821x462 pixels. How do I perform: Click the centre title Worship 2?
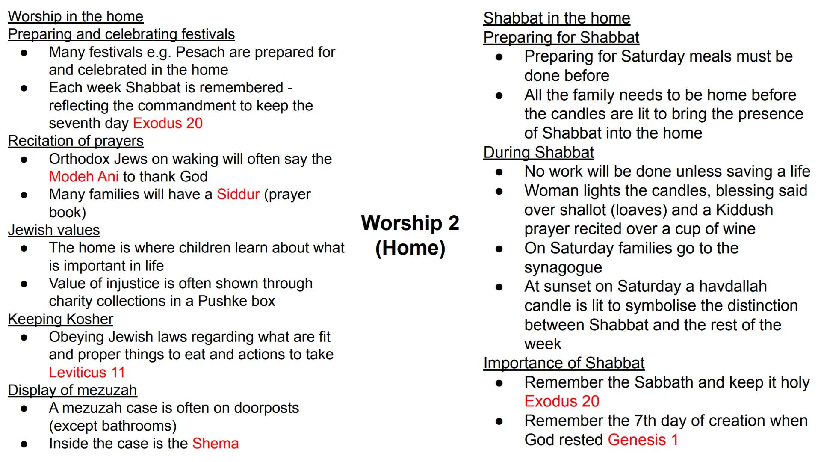click(410, 223)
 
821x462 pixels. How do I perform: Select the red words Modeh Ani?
click(83, 177)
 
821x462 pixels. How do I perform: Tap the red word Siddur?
click(238, 194)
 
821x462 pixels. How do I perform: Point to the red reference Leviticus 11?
click(87, 372)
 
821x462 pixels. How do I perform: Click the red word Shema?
click(216, 444)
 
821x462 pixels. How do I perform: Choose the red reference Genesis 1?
click(643, 440)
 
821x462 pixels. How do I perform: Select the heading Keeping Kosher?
click(60, 319)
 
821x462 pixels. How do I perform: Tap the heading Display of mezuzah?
click(72, 390)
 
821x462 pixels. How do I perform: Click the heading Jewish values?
click(54, 230)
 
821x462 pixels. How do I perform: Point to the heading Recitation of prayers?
click(76, 141)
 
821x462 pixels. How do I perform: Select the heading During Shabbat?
click(538, 152)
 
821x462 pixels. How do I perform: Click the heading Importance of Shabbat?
click(564, 363)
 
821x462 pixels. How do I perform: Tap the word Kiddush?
click(744, 210)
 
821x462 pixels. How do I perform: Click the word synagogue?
click(563, 268)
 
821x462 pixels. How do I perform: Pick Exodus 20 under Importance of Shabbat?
click(561, 401)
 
